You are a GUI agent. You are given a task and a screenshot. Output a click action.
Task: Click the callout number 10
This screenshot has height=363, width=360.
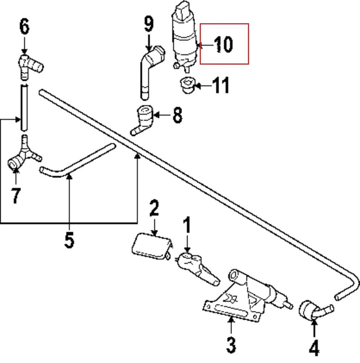pyautogui.click(x=223, y=45)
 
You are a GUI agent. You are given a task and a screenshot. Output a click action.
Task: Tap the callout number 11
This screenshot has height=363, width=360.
pyautogui.click(x=221, y=86)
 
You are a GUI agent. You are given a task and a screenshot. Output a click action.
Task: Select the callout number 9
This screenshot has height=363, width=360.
pyautogui.click(x=149, y=24)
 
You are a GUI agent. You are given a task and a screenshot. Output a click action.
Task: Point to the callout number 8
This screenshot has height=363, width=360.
pyautogui.click(x=177, y=115)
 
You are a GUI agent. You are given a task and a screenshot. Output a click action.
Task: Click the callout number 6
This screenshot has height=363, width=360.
pyautogui.click(x=24, y=28)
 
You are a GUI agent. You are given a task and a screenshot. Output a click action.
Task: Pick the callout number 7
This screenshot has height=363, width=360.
pyautogui.click(x=15, y=196)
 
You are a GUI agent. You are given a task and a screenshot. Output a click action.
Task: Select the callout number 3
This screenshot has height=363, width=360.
pyautogui.click(x=231, y=345)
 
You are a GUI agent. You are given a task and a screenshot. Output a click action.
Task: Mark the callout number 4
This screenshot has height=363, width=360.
pyautogui.click(x=314, y=347)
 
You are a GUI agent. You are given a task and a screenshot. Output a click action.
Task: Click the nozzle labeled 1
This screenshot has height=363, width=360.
pyautogui.click(x=196, y=267)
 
